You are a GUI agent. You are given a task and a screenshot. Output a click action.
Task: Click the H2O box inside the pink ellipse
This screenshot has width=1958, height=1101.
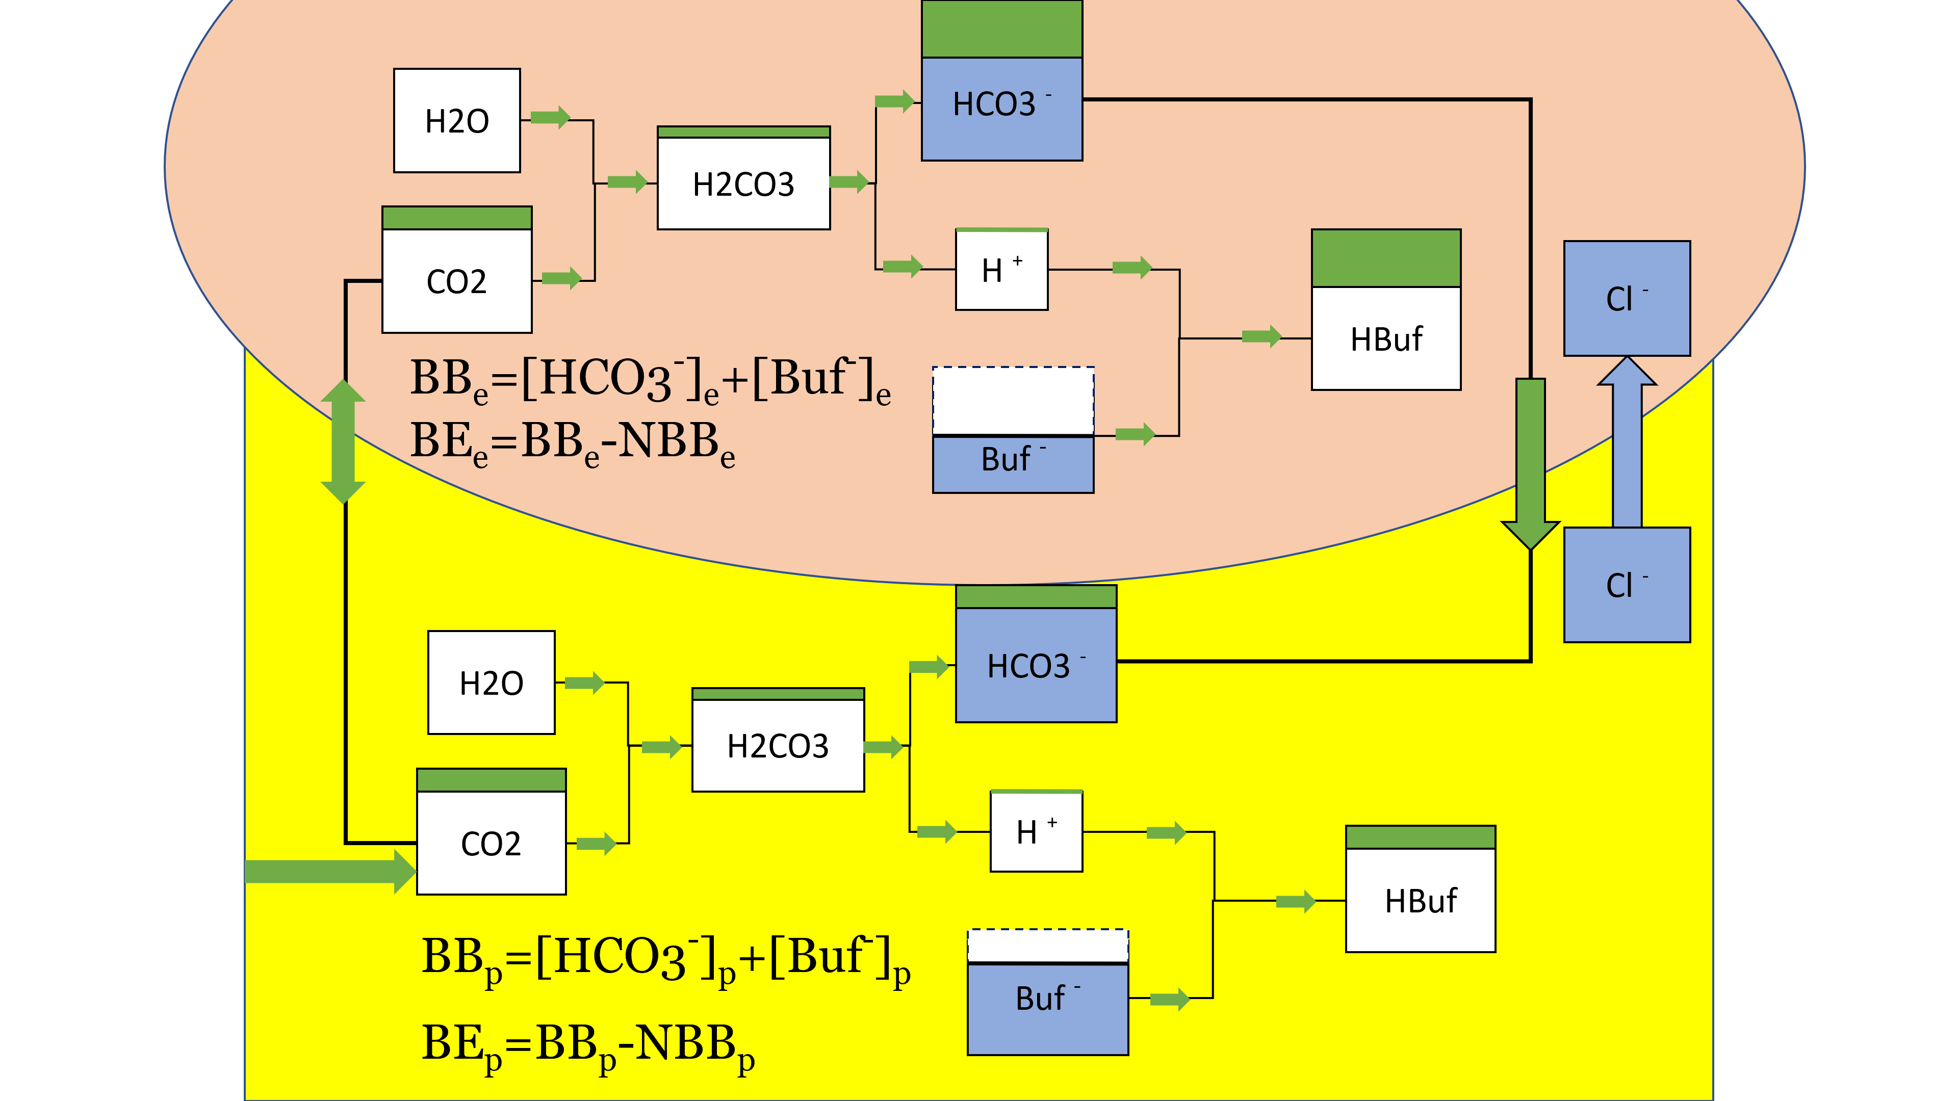(457, 121)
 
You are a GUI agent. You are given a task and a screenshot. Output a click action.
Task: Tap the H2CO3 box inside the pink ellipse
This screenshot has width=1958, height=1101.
(743, 183)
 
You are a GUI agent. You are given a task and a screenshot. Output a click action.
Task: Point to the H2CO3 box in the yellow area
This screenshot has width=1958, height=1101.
(778, 745)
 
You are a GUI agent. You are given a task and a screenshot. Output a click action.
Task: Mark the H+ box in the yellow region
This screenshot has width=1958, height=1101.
(1036, 831)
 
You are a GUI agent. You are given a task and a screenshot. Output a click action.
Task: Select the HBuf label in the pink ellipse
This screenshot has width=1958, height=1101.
(1386, 339)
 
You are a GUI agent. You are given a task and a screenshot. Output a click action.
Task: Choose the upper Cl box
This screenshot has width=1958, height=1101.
(1627, 299)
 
